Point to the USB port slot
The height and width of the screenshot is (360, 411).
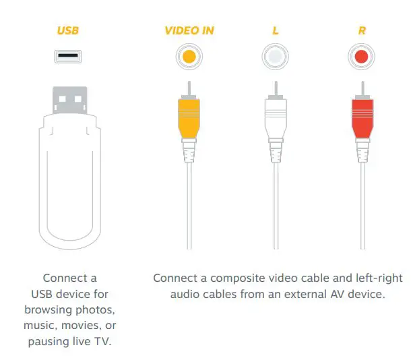[x=68, y=57]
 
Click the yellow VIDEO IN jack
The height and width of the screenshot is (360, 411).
[x=190, y=57]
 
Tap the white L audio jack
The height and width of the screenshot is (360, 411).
[x=276, y=57]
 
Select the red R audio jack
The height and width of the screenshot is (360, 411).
[x=362, y=57]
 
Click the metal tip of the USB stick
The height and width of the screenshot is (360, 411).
[x=68, y=100]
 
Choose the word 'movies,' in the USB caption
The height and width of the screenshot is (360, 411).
[x=83, y=326]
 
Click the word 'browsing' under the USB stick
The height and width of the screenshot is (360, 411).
[x=46, y=310]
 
